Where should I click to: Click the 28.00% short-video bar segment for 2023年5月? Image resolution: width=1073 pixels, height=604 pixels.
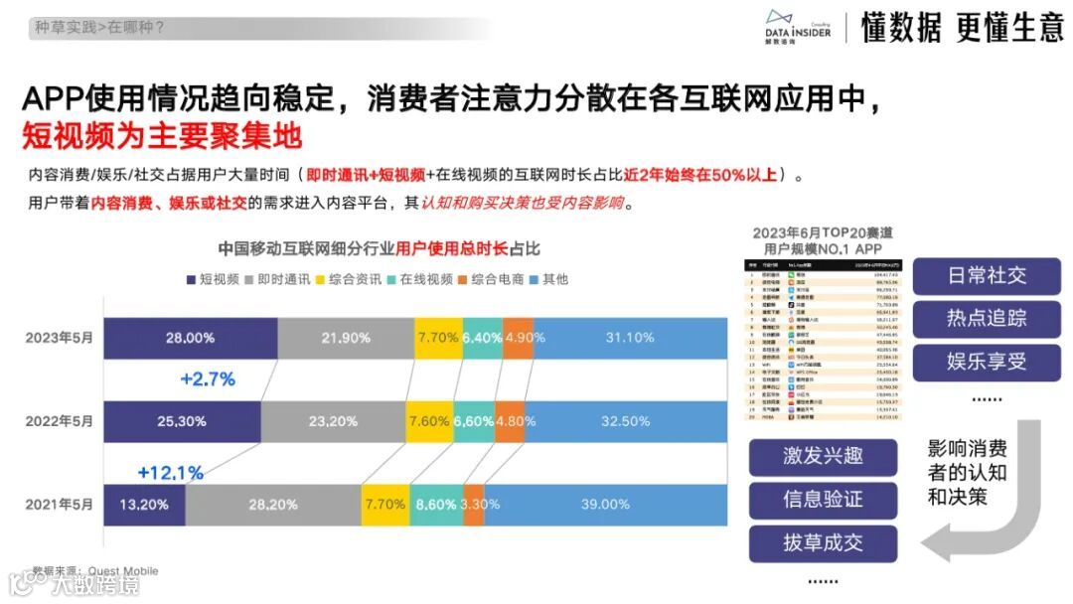point(190,338)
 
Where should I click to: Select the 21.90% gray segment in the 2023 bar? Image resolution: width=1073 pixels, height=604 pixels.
point(345,338)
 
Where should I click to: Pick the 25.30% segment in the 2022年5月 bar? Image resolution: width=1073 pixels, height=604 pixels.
point(181,421)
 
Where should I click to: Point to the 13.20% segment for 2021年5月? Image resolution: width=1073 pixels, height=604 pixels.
point(144,505)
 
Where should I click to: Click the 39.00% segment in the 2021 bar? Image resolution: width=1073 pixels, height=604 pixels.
point(605,505)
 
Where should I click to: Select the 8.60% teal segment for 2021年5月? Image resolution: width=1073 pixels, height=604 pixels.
point(436,505)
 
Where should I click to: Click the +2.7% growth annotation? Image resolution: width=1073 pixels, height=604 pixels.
point(208,379)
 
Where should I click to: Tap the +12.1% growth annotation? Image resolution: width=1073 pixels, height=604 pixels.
point(170,472)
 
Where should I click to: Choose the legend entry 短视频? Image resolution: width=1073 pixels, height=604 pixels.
point(213,279)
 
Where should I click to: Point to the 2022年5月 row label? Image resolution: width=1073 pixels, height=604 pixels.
point(60,421)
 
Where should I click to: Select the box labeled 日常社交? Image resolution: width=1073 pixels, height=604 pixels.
point(986,275)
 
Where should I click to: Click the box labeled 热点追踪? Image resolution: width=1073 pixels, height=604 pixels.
point(986,319)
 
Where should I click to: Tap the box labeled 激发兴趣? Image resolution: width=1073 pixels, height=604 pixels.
point(823,456)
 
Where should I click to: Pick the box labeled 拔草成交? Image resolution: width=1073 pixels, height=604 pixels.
point(823,543)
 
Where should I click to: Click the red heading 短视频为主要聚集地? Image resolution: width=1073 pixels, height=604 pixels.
point(162,134)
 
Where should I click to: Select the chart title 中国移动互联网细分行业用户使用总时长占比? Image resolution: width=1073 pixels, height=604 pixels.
point(379,249)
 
